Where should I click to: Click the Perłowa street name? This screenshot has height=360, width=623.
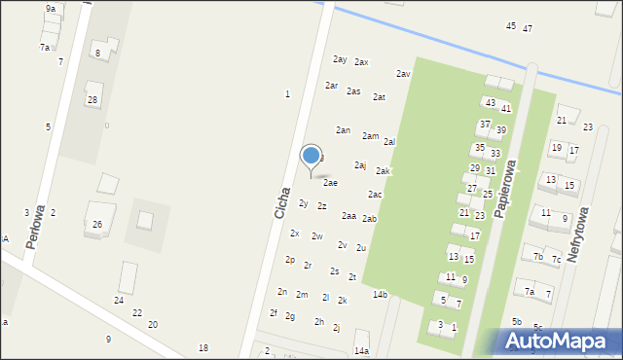pyautogui.click(x=36, y=226)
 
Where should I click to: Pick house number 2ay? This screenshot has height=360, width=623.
pyautogui.click(x=340, y=59)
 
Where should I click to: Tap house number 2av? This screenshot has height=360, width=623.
pyautogui.click(x=403, y=74)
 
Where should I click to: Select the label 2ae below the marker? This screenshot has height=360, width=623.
pyautogui.click(x=331, y=182)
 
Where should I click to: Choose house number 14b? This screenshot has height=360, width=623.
pyautogui.click(x=380, y=294)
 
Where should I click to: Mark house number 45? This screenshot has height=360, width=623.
pyautogui.click(x=511, y=25)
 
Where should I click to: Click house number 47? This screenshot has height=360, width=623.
pyautogui.click(x=528, y=28)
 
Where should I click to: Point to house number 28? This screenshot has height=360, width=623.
pyautogui.click(x=92, y=100)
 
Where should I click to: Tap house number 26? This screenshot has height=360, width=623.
pyautogui.click(x=97, y=224)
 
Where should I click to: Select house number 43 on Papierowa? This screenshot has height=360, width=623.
pyautogui.click(x=491, y=102)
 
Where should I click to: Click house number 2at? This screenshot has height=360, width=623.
pyautogui.click(x=380, y=97)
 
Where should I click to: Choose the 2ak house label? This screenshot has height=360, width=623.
pyautogui.click(x=384, y=171)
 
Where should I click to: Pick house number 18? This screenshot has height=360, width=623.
pyautogui.click(x=203, y=347)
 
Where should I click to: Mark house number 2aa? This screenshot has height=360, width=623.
pyautogui.click(x=348, y=216)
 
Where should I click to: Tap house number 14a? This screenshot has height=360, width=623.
pyautogui.click(x=361, y=350)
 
